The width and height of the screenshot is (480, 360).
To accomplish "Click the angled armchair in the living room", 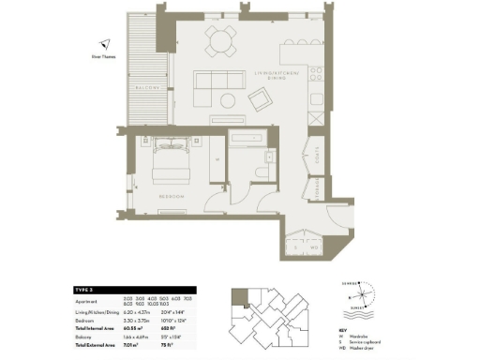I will click(259, 97).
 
